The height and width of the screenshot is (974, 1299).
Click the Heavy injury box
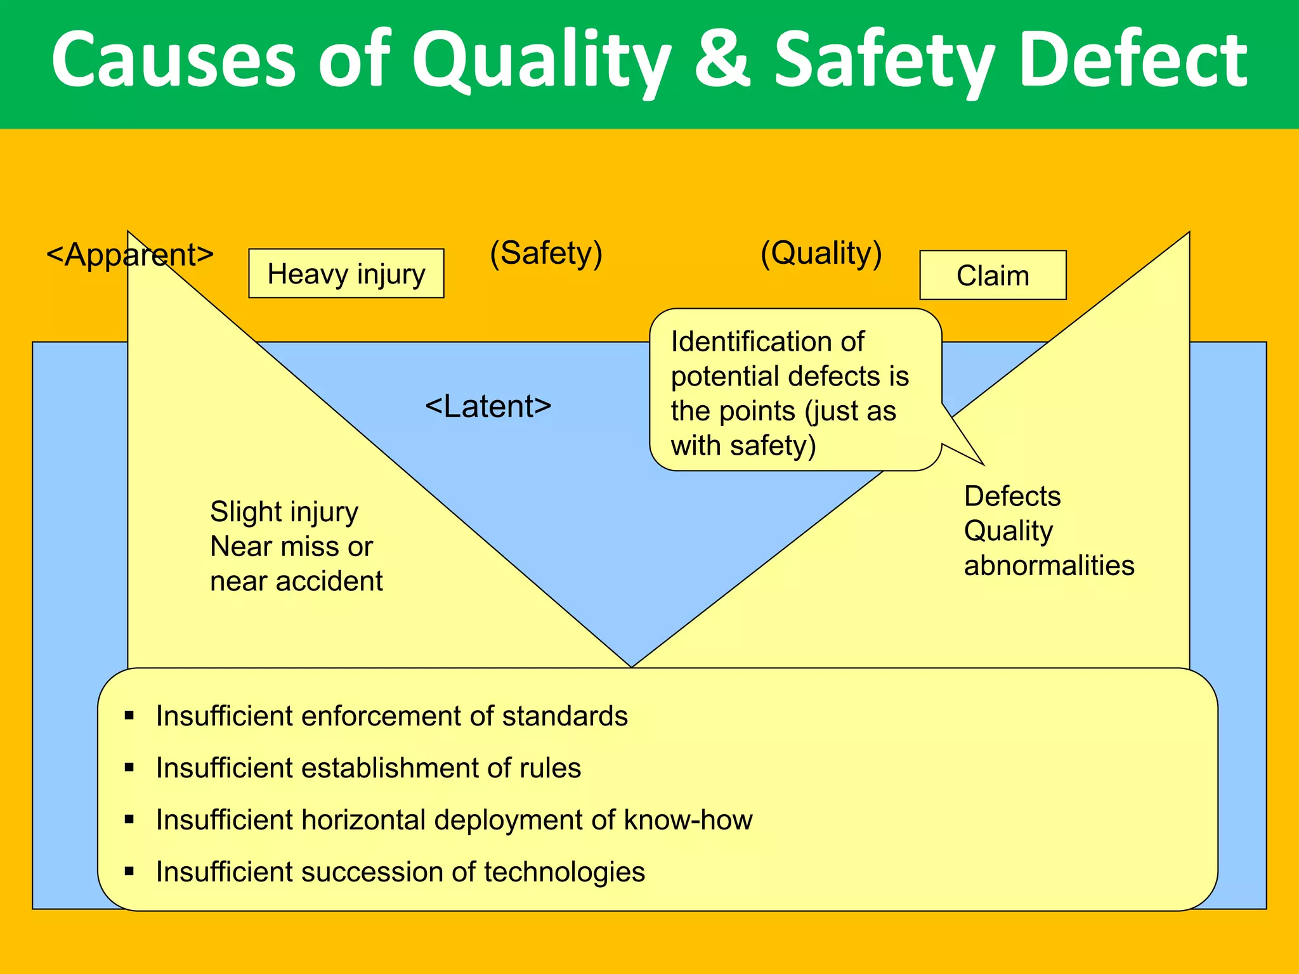click(346, 273)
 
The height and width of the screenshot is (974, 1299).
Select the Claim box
click(993, 275)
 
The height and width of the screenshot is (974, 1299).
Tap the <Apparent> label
click(130, 255)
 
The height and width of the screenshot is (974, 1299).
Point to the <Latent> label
click(488, 406)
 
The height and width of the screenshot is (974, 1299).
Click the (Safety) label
click(546, 253)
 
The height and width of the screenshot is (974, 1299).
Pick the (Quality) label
click(821, 253)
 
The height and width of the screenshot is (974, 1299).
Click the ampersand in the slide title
click(722, 60)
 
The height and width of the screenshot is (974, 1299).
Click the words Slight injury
click(284, 512)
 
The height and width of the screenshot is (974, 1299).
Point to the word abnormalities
click(1049, 565)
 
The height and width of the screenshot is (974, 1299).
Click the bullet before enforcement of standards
click(129, 716)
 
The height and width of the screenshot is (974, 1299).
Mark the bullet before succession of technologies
click(129, 871)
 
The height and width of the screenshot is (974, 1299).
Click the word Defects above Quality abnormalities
click(1012, 496)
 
